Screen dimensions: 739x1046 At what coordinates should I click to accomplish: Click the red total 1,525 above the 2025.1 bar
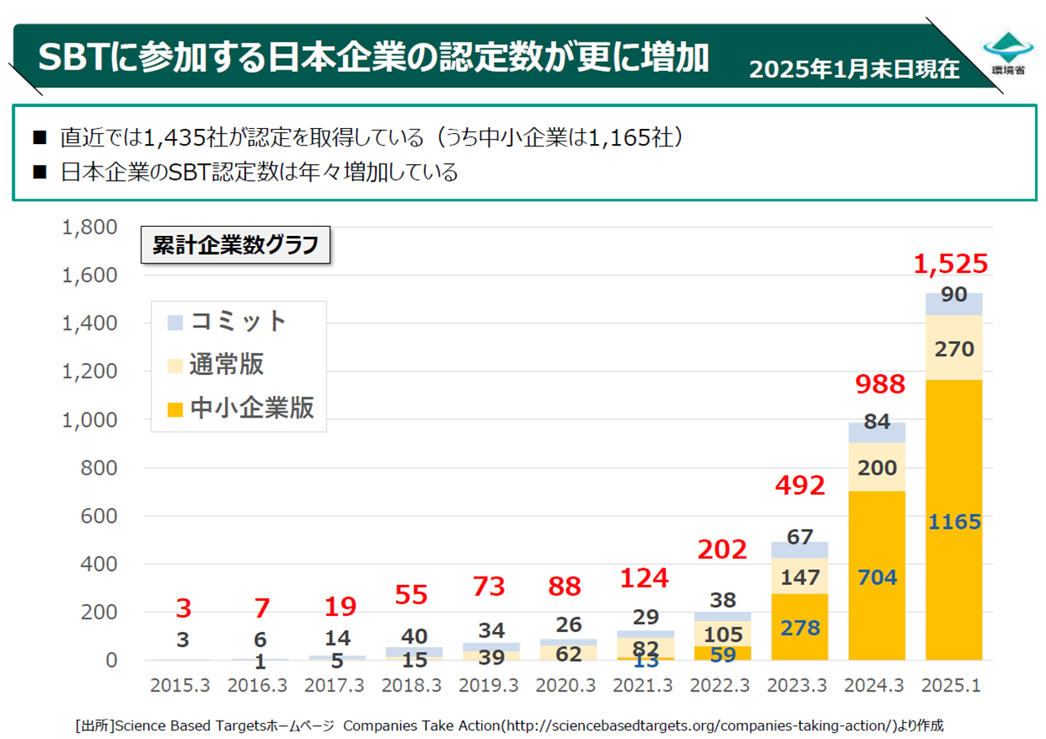point(951,264)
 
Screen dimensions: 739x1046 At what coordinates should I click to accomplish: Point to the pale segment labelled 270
point(954,347)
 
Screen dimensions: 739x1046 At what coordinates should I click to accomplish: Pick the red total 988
point(879,385)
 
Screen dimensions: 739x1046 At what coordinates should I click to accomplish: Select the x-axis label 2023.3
point(799,685)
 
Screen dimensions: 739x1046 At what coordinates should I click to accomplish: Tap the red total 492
point(801,485)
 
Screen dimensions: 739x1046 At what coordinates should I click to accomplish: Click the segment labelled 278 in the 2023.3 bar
point(800,628)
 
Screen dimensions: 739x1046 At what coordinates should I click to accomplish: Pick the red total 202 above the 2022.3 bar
point(722,550)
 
